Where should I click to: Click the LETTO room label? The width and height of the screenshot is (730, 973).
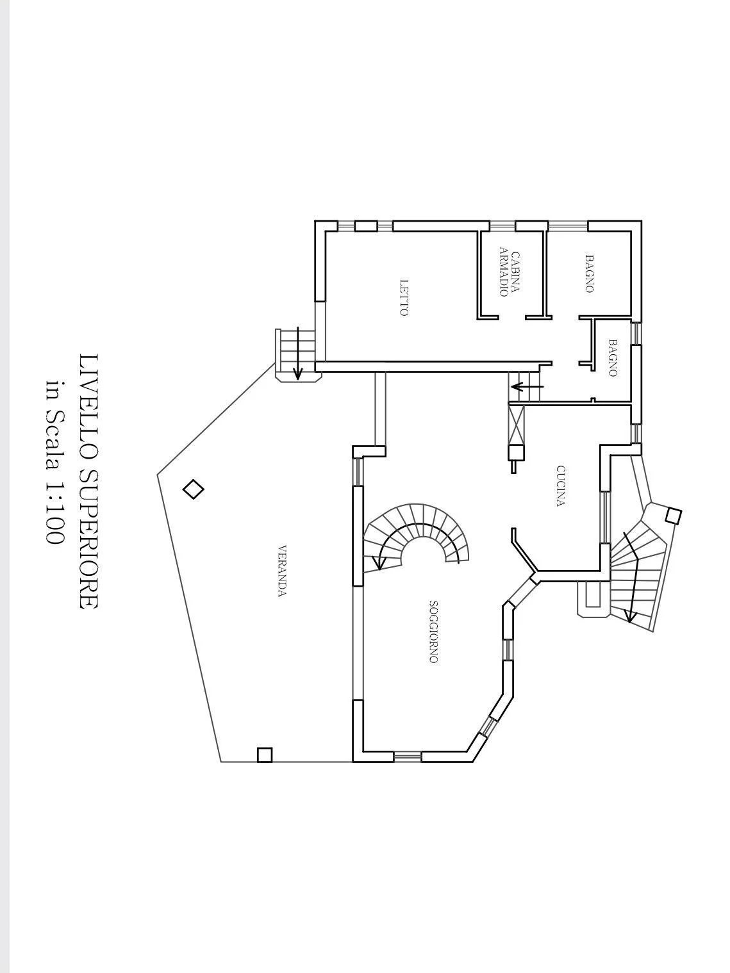(x=404, y=297)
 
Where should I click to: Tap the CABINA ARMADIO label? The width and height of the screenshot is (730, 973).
(x=510, y=274)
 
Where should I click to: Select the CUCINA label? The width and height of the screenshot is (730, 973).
(x=561, y=486)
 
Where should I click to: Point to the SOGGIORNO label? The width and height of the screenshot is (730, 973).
(x=434, y=632)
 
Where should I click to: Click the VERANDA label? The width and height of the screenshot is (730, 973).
(x=282, y=571)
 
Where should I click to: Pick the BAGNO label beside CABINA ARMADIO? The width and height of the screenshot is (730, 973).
(x=589, y=273)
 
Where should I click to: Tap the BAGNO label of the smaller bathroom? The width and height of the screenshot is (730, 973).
(x=613, y=357)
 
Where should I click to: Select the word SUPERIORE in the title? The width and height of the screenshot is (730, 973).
(x=88, y=540)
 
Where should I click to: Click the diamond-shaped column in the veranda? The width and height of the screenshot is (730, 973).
(x=194, y=489)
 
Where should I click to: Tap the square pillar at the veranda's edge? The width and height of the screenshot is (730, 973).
(x=265, y=755)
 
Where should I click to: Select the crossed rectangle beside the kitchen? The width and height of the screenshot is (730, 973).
(x=516, y=425)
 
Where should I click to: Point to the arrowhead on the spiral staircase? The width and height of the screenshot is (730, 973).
(x=378, y=565)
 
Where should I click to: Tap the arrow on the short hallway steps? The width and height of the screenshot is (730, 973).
(x=527, y=387)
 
